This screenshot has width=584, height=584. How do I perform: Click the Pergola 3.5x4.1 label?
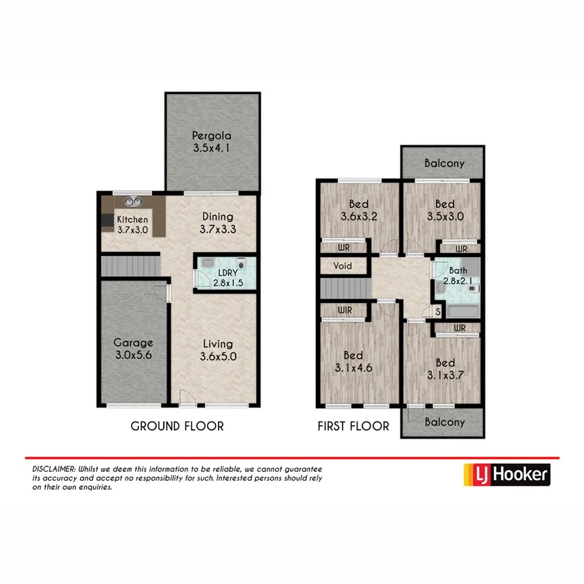[x=212, y=142]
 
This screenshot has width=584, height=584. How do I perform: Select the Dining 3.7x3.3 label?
[x=217, y=223]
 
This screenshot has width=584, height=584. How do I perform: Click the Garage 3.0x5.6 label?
[x=133, y=349]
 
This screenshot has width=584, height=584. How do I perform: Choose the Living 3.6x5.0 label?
[x=216, y=350]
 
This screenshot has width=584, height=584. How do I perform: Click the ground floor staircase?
[x=130, y=266]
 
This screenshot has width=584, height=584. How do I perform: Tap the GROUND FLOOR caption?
[x=177, y=426]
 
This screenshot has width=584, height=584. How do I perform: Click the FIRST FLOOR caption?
[x=353, y=426]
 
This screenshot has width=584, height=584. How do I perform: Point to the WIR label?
[x=345, y=311]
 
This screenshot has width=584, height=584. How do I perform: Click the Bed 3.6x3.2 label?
[x=358, y=210]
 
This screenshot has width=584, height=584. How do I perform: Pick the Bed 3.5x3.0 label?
[x=444, y=210]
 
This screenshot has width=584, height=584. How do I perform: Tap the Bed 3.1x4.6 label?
[x=353, y=362]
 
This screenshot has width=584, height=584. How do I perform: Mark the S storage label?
[x=439, y=313]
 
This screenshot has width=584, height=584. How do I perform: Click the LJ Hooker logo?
[x=507, y=474]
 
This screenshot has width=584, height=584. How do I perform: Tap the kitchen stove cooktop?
[x=107, y=221]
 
